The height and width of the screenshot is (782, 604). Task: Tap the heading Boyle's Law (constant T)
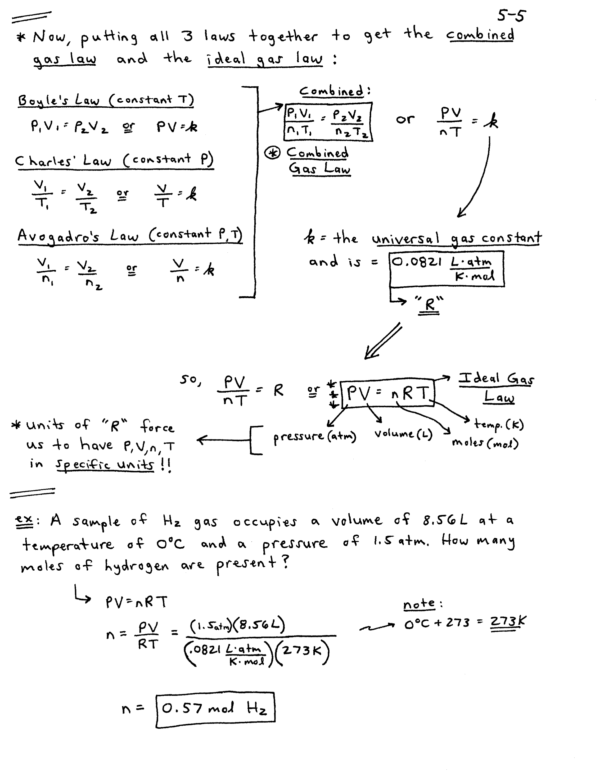tap(106, 100)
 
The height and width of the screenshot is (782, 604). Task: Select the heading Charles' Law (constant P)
tap(114, 160)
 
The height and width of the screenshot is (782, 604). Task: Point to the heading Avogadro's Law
tap(130, 235)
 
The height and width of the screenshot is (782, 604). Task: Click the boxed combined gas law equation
tap(328, 122)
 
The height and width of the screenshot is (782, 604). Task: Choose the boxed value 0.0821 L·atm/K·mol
tap(446, 268)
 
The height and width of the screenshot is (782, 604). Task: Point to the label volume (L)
tap(403, 434)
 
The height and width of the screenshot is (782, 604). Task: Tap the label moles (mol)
tap(485, 443)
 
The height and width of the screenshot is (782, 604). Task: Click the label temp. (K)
tap(499, 424)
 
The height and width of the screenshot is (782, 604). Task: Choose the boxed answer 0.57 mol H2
tap(215, 708)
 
